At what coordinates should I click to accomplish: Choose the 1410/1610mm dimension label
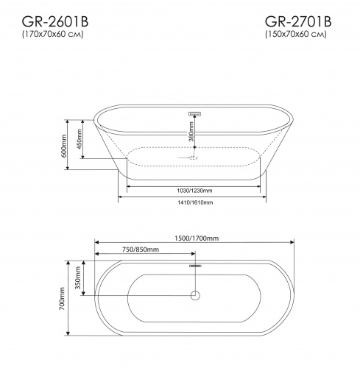195,202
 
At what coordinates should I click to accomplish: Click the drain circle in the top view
195,295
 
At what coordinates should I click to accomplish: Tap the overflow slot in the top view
196,265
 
